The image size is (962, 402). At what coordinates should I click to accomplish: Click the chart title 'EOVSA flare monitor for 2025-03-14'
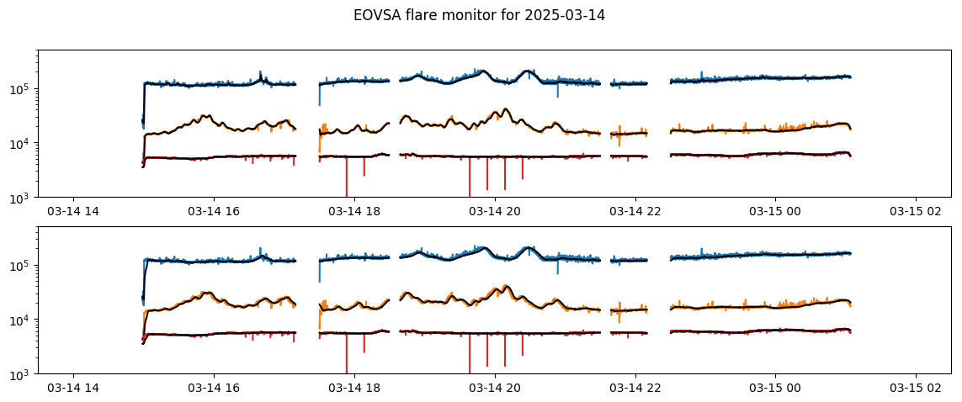click(480, 17)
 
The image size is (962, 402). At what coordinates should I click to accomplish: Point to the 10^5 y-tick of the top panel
click(23, 88)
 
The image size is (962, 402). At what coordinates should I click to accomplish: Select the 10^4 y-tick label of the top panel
click(23, 143)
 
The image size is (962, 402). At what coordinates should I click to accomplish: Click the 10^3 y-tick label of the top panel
click(23, 198)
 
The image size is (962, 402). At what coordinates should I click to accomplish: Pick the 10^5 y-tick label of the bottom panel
click(23, 265)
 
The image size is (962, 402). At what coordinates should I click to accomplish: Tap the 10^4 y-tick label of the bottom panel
click(23, 320)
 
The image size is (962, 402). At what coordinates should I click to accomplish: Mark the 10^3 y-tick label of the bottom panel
click(23, 373)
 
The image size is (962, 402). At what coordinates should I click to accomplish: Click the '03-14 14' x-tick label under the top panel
click(73, 211)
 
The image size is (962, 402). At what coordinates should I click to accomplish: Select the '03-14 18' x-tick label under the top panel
click(354, 211)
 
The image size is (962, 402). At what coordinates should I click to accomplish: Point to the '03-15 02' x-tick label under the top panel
click(916, 211)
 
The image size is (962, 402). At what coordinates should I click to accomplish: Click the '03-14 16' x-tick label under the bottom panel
click(214, 388)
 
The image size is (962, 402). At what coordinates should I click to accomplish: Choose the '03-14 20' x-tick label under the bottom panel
click(495, 388)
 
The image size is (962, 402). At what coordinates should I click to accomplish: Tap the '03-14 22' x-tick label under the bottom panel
click(635, 388)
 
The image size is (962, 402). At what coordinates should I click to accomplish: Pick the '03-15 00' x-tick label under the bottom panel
click(775, 388)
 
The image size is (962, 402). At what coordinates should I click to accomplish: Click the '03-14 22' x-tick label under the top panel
click(635, 211)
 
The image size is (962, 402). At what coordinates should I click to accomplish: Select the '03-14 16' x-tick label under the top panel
click(214, 211)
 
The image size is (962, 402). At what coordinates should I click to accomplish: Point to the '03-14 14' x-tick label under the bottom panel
click(73, 388)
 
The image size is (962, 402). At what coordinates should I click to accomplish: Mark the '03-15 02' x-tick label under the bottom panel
click(916, 388)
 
